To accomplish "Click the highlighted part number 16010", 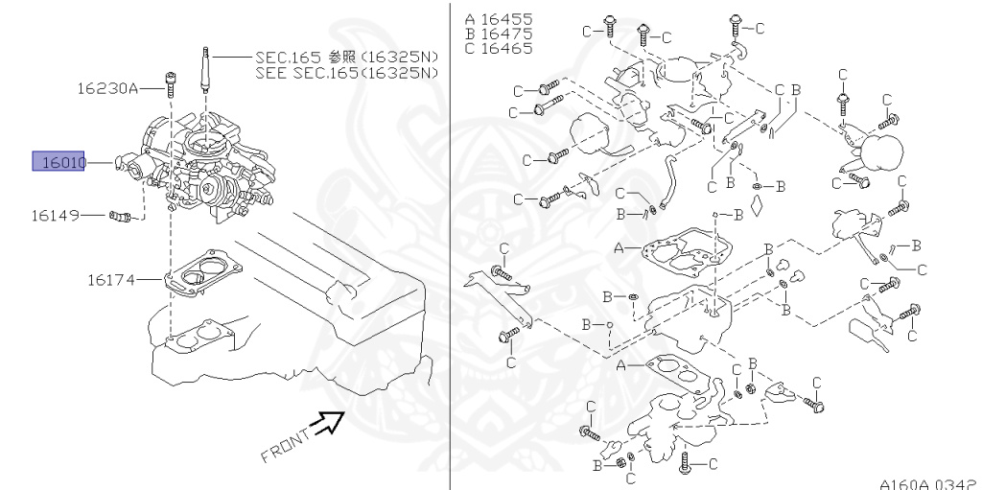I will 59,162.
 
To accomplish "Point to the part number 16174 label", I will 111,280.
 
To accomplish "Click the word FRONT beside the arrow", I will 286,444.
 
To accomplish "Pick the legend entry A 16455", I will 499,18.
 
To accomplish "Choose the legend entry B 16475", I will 499,34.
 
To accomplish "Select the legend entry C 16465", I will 499,48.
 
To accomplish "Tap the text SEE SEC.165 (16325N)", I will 347,73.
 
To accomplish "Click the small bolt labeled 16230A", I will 170,86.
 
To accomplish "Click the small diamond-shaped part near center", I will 759,203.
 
